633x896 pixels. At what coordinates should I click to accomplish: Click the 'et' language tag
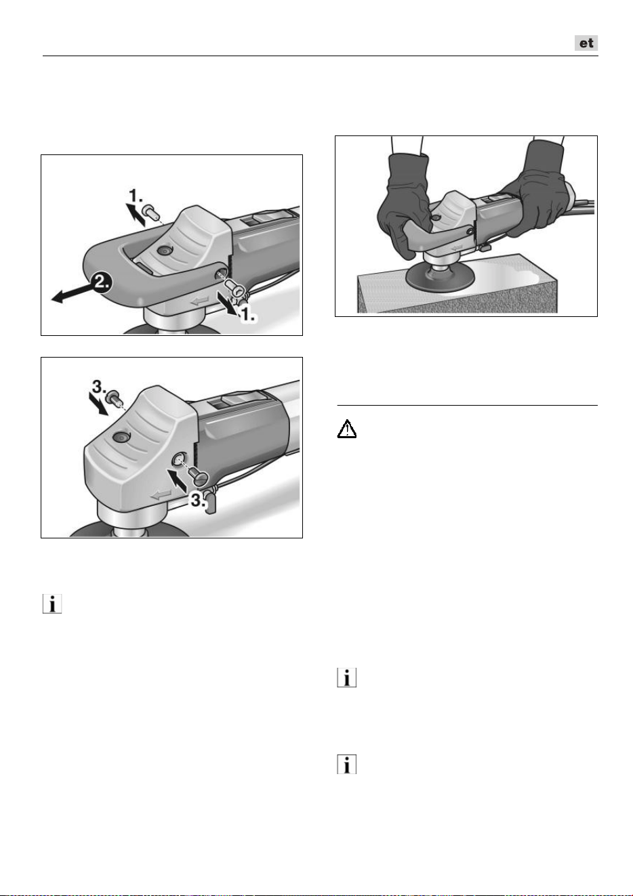coord(586,43)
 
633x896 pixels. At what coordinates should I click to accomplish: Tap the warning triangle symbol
coord(346,429)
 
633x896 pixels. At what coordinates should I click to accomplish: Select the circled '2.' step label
coord(101,282)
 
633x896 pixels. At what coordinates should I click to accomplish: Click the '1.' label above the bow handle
coord(136,196)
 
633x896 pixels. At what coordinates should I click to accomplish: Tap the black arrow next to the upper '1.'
coord(136,215)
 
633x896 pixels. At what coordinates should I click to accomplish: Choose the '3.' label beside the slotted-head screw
coord(199,500)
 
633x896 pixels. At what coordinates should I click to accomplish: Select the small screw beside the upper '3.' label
coord(113,398)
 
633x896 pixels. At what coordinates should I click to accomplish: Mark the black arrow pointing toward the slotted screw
coord(177,480)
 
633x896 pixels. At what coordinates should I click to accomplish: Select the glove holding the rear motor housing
coord(537,188)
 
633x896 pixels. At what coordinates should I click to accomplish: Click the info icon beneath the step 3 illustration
coord(52,604)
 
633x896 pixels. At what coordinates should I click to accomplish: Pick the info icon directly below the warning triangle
coord(347,678)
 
